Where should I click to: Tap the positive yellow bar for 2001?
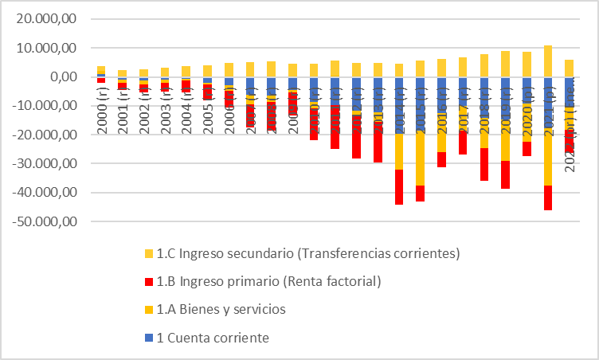point(123,73)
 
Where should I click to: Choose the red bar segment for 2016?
point(441,159)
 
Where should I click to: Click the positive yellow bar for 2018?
point(484,65)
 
